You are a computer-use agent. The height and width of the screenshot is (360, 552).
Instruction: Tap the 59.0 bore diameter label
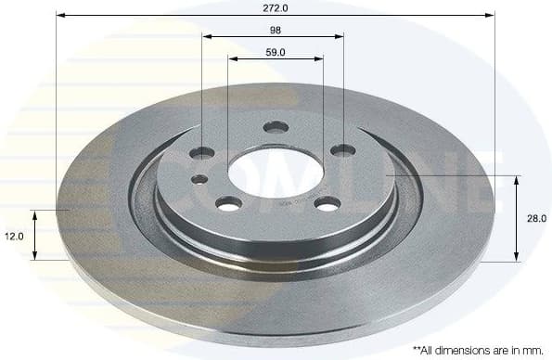click(x=275, y=51)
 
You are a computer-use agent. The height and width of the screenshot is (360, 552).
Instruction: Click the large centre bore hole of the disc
click(x=275, y=171)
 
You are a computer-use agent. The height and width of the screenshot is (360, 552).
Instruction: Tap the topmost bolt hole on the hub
click(x=276, y=127)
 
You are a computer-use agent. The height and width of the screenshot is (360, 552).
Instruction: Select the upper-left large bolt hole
click(x=203, y=151)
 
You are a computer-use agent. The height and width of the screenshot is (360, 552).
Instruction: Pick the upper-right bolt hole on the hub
click(x=343, y=150)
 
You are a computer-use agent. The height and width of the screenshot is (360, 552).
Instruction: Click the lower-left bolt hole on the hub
click(x=229, y=203)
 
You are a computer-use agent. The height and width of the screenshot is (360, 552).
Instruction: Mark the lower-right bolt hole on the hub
click(x=327, y=203)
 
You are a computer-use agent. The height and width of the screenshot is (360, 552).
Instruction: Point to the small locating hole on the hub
click(x=199, y=179)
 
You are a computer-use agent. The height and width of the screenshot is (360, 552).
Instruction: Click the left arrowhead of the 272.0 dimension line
click(x=59, y=15)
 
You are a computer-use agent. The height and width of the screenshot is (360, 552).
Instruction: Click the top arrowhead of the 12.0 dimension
click(x=35, y=214)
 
